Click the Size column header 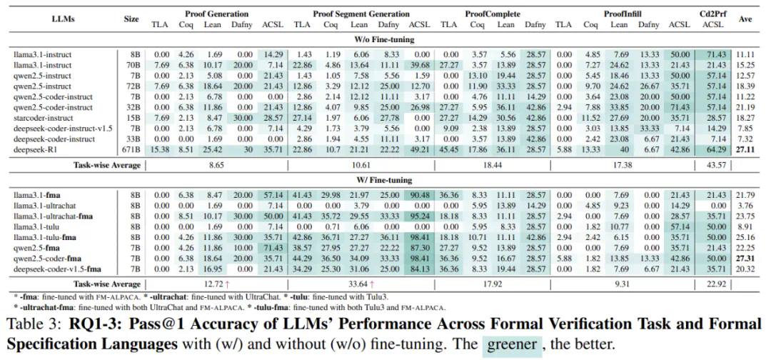click(131, 19)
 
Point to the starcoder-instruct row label click(44, 116)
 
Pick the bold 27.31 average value click(746, 258)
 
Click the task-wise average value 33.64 click(362, 284)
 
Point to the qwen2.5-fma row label click(37, 247)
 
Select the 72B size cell click(131, 85)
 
